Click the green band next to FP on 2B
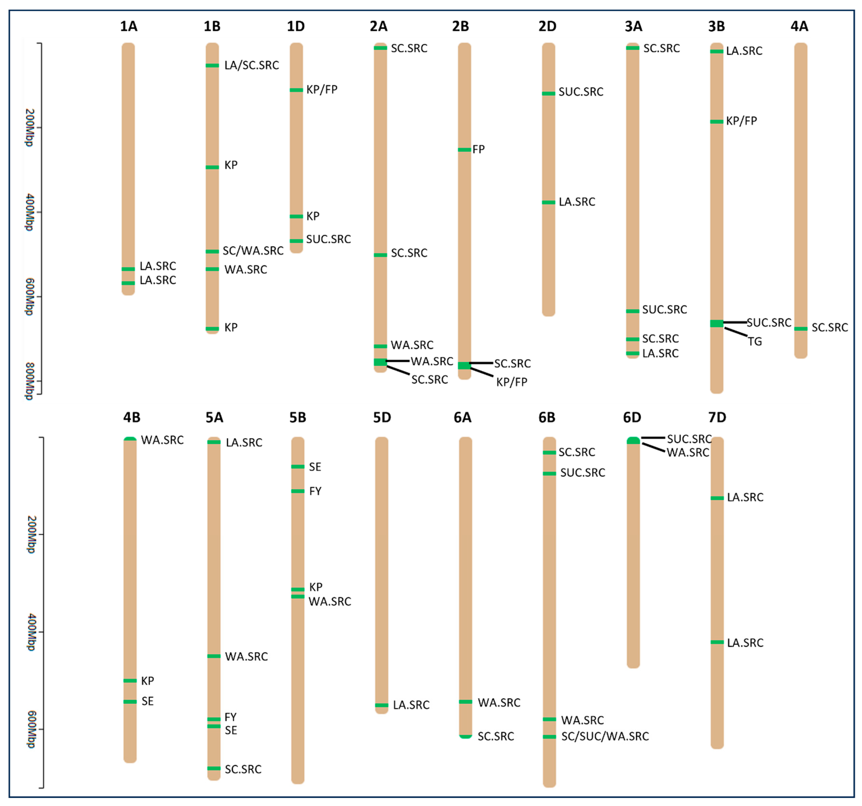464,150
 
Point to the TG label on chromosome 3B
755,342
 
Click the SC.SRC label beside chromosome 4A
829,328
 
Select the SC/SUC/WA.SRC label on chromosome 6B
605,736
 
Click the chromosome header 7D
717,418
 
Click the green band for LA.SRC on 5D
382,705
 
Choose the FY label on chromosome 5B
315,491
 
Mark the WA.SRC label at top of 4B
162,440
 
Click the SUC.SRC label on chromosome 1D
328,239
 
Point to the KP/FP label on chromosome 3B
741,121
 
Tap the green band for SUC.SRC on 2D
548,93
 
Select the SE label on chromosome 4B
147,701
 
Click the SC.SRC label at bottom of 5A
243,770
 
